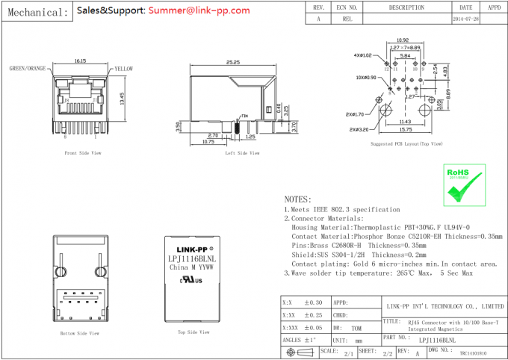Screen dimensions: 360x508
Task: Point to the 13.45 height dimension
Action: click(122, 99)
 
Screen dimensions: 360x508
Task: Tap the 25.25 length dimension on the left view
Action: click(232, 63)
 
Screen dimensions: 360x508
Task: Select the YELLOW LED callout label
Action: click(123, 69)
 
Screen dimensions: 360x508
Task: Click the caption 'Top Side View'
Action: click(191, 332)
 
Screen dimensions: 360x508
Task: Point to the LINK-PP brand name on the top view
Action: click(191, 249)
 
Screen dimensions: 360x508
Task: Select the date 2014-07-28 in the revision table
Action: click(465, 18)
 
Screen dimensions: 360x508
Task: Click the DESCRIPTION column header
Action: click(406, 7)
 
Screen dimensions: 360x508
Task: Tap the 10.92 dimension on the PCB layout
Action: click(402, 40)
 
